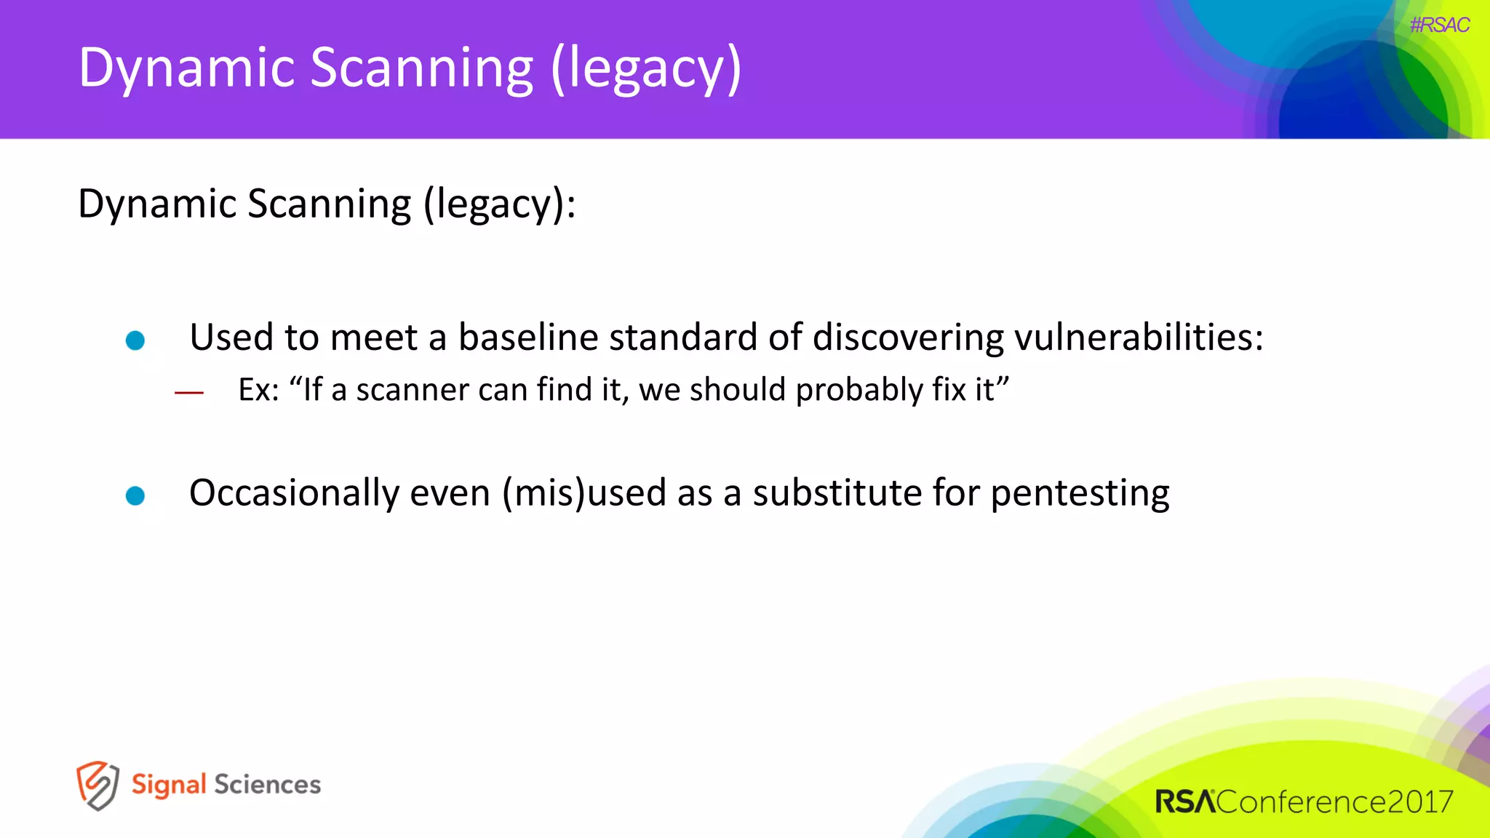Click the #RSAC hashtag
[x=1438, y=25]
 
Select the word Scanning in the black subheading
[x=329, y=204]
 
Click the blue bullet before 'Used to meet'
[x=135, y=340]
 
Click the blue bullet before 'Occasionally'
[x=135, y=495]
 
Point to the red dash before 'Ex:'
[x=189, y=393]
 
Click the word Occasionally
[x=294, y=493]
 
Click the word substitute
[x=837, y=493]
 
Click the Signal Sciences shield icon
[x=97, y=786]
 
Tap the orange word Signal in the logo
[x=169, y=785]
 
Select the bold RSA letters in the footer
[x=1185, y=802]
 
